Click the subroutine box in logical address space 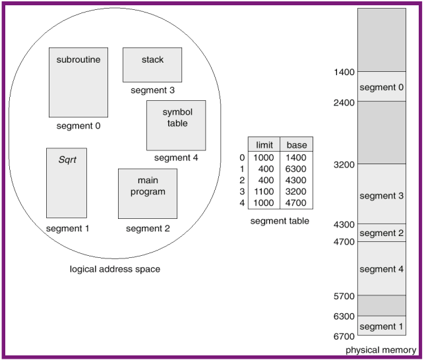tap(78, 82)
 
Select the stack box tap(152, 65)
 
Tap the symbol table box tap(175, 125)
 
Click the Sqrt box tap(67, 183)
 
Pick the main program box tap(148, 193)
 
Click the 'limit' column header tap(264, 144)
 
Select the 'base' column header tap(297, 144)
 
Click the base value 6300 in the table tap(297, 169)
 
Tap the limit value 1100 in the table tap(264, 192)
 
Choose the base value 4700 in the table tap(297, 203)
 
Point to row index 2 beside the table tap(242, 181)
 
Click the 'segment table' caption tap(280, 221)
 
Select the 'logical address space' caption tap(115, 269)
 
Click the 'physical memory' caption tap(380, 350)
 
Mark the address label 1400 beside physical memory tap(344, 71)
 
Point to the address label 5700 tap(344, 295)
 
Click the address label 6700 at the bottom tap(344, 336)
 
